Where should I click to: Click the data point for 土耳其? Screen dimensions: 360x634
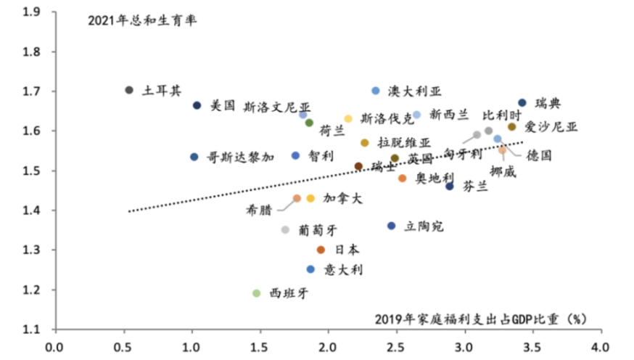[x=129, y=90]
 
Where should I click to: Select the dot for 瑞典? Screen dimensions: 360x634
[x=522, y=103]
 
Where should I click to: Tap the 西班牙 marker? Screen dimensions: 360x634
[x=256, y=293]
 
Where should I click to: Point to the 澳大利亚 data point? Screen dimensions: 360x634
[x=376, y=91]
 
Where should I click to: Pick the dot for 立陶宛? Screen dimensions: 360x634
[x=392, y=226]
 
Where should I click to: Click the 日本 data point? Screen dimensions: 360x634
[x=321, y=250]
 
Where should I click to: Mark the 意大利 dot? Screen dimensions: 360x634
[x=311, y=269]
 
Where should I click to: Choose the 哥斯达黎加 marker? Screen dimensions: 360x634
[x=194, y=157]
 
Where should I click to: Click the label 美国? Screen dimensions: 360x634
[x=223, y=106]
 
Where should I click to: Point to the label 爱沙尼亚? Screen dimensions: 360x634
[x=551, y=127]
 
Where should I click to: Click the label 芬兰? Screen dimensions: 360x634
[x=476, y=186]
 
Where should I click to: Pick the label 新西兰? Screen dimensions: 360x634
[x=449, y=114]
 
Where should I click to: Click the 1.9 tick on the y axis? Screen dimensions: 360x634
[x=30, y=12]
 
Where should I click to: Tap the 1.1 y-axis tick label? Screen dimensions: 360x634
[x=30, y=329]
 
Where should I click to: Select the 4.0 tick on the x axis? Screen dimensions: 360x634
[x=599, y=346]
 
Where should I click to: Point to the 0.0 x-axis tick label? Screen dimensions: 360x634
[x=55, y=346]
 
